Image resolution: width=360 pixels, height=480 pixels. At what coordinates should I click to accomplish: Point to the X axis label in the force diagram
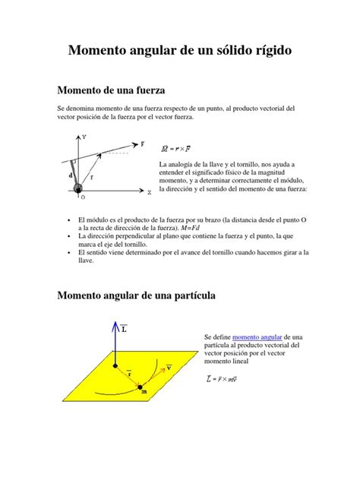click(150, 193)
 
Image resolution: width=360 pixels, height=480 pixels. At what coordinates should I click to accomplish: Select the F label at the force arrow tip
click(142, 142)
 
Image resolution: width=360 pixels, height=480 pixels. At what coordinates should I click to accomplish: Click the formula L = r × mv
click(223, 377)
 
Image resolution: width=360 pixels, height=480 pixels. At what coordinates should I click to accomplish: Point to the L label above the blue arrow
click(124, 328)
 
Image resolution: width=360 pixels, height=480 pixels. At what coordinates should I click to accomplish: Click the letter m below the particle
click(144, 392)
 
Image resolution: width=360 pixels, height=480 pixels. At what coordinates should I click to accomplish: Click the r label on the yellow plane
click(129, 374)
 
